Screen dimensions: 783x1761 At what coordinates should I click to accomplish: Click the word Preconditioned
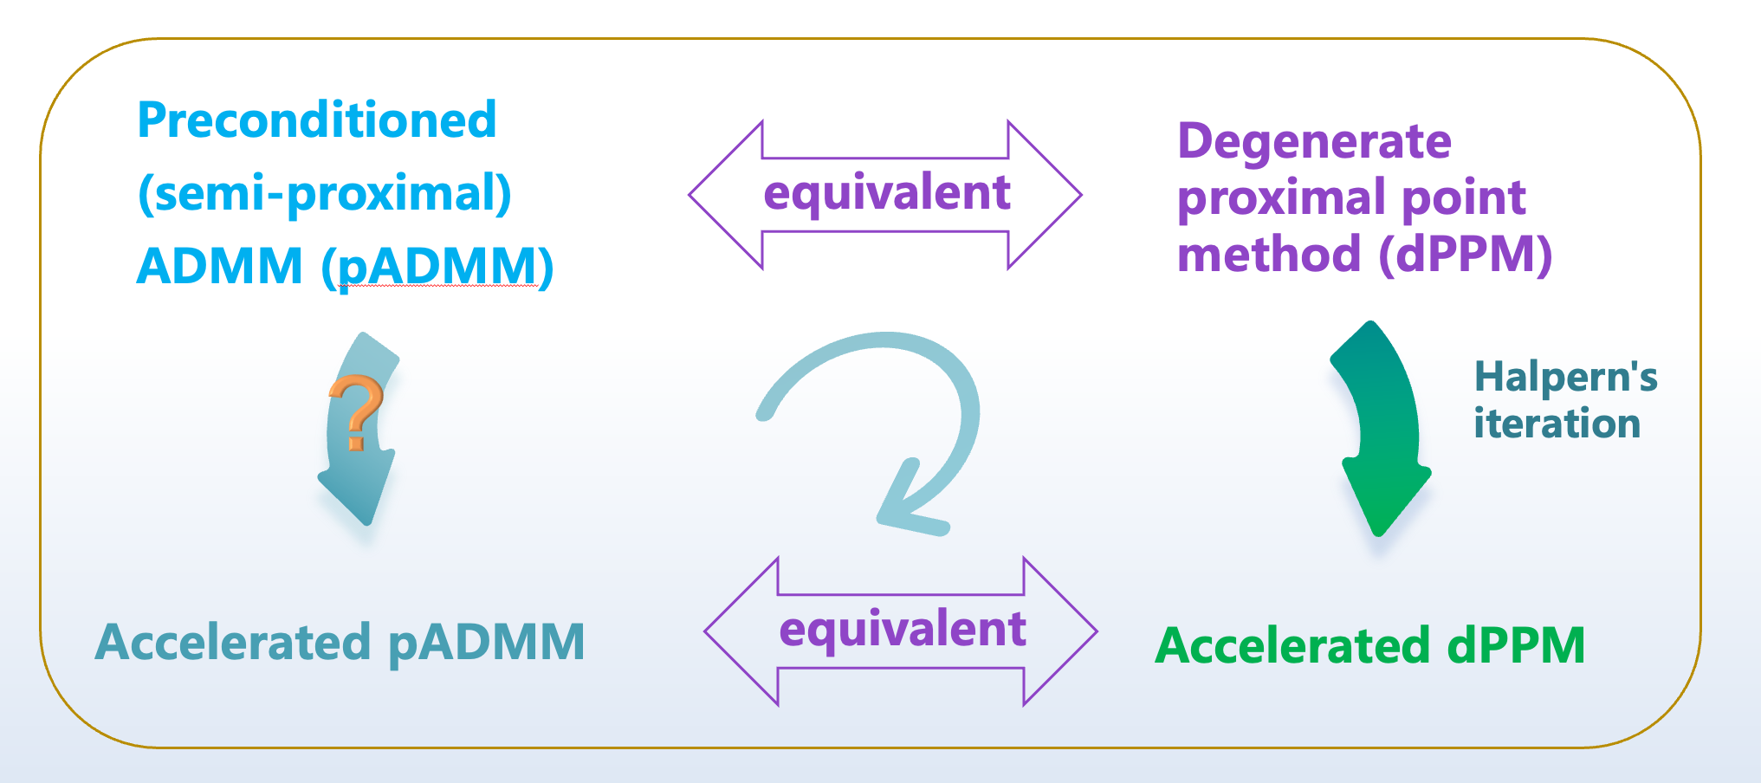click(x=317, y=120)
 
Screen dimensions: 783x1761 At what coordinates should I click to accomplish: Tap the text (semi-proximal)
click(x=325, y=194)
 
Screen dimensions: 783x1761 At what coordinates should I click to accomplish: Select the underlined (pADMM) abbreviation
click(x=437, y=267)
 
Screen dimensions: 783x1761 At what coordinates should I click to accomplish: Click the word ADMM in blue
click(x=220, y=267)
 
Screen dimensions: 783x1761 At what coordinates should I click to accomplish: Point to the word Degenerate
click(x=1314, y=141)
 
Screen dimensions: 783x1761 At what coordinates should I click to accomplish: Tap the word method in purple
click(x=1269, y=256)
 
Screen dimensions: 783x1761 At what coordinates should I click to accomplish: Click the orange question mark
click(x=356, y=412)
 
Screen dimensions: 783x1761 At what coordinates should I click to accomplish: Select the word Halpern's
click(x=1565, y=378)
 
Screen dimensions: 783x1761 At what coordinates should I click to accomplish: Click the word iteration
click(x=1557, y=424)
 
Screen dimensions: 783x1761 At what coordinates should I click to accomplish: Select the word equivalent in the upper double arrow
click(x=886, y=193)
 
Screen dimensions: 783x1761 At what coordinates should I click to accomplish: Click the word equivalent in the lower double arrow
click(x=902, y=630)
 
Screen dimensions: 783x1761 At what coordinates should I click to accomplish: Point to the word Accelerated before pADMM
click(x=233, y=643)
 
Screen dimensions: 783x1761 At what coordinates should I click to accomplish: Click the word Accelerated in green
click(x=1292, y=647)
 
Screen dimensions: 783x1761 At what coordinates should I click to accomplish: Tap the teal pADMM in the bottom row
click(x=486, y=643)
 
